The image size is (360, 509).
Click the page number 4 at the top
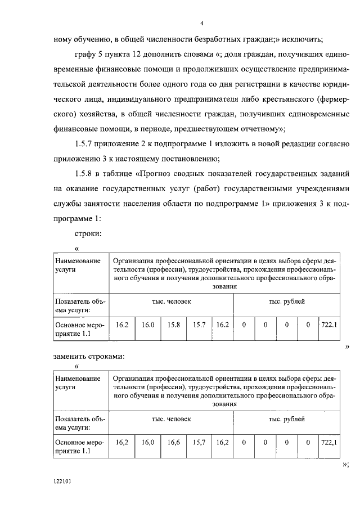click(201, 23)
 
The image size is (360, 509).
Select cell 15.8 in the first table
click(174, 325)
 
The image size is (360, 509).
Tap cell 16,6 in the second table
click(174, 443)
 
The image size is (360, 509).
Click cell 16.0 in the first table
click(148, 325)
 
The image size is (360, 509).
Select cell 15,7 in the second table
click(199, 443)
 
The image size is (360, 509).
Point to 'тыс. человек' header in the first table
click(171, 301)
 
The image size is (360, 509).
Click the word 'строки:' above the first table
click(87, 233)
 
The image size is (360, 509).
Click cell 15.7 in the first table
click(199, 325)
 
